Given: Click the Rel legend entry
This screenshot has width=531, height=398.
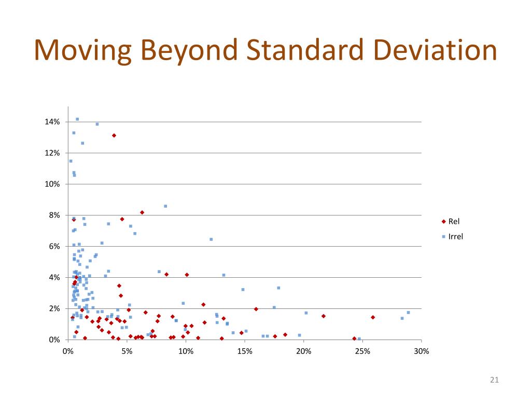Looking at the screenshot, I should tap(453, 221).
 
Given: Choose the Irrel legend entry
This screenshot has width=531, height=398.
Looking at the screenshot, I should tap(455, 237).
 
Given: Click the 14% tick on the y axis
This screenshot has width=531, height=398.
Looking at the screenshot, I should tap(52, 122).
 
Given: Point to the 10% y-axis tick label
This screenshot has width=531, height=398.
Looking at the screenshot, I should tap(52, 184).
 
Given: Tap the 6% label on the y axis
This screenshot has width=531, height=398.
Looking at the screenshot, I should tap(54, 246).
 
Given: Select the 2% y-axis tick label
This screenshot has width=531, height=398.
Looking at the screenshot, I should tap(54, 308).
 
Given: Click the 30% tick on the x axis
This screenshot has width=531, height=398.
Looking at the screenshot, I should tap(422, 351).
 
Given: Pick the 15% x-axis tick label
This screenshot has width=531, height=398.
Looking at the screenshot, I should tap(245, 351).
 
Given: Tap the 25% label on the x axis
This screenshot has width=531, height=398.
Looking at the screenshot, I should tap(362, 351).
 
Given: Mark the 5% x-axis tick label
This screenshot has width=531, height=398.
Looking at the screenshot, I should tap(127, 351).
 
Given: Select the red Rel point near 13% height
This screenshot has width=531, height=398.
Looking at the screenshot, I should tap(114, 135).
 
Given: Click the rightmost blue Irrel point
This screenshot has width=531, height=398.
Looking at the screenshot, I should tap(408, 312).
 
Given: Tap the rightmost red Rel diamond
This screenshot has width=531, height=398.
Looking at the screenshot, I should tap(373, 317).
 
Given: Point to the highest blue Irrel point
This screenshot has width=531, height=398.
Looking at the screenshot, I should tap(77, 119).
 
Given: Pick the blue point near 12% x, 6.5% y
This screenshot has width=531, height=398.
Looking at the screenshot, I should tap(211, 239).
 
